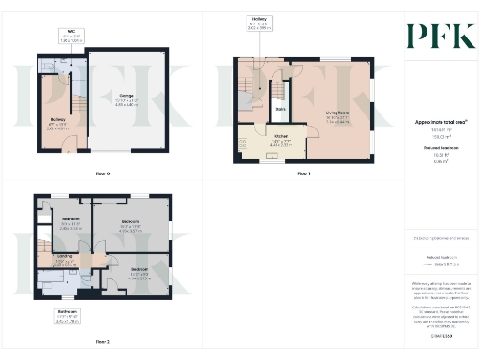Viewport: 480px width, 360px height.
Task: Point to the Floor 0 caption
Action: [103, 174]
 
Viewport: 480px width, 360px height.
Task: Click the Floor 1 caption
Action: [303, 174]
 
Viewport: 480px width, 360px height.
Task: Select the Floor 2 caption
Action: [102, 341]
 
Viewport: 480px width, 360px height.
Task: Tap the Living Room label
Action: [337, 117]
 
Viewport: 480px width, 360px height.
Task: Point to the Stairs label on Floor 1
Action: [279, 110]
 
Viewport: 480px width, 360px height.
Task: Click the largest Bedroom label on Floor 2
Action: [129, 225]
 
